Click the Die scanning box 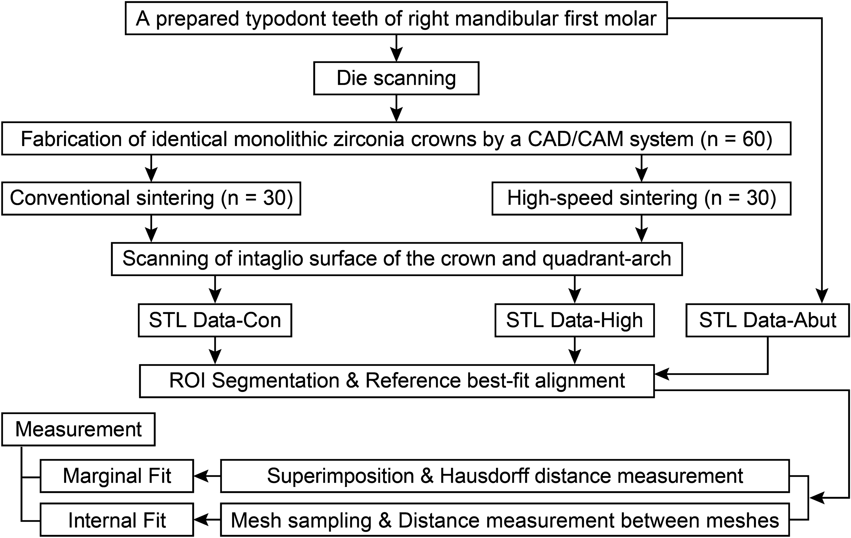tap(396, 78)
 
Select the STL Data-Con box tap(215, 320)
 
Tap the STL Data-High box tap(574, 320)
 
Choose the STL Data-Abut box tap(768, 320)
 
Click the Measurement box tap(78, 429)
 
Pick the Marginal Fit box tap(117, 476)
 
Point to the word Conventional tap(70, 198)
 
